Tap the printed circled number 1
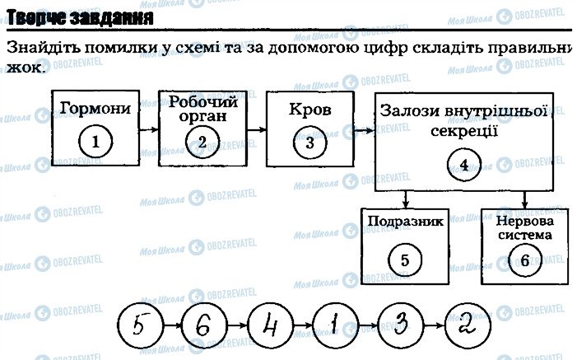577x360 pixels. (x=95, y=142)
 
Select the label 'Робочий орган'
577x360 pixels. (x=202, y=109)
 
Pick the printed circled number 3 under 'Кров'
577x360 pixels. (x=309, y=142)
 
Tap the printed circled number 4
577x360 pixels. (x=464, y=164)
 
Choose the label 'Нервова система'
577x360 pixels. (x=525, y=228)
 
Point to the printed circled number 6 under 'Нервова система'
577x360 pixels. (x=525, y=259)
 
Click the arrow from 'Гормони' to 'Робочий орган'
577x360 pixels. (x=148, y=129)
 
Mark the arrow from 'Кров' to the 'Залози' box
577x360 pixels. (x=363, y=129)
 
